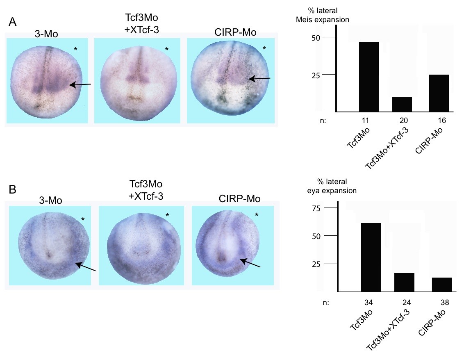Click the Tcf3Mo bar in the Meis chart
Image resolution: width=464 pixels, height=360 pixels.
coord(369,77)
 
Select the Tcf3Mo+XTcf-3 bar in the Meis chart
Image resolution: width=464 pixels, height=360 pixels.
coord(402,104)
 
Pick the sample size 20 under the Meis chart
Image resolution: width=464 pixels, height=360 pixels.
coord(402,121)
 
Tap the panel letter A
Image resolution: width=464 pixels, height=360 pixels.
coord(13,23)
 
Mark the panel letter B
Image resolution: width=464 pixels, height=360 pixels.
coord(13,190)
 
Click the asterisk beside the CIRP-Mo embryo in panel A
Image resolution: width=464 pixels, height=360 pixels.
coord(264,48)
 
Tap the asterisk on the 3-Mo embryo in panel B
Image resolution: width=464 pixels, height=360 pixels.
coord(83,219)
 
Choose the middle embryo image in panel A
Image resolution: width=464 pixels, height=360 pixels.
coord(137,80)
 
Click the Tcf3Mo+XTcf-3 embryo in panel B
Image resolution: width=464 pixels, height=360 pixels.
coord(141,245)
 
